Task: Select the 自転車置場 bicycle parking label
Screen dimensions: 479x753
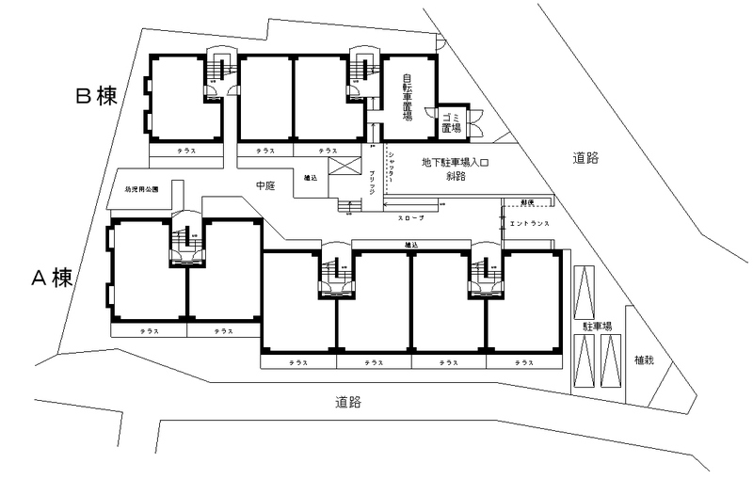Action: [408, 97]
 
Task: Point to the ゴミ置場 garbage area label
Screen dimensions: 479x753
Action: [451, 121]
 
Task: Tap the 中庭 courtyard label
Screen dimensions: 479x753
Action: [264, 186]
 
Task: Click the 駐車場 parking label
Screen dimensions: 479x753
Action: [598, 326]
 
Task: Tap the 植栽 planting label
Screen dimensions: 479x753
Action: [644, 359]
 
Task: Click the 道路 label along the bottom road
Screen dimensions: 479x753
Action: [348, 402]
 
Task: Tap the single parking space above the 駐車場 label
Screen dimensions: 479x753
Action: [585, 292]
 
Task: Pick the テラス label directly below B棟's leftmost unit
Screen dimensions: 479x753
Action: [186, 150]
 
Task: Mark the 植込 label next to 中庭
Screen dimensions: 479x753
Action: [310, 177]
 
